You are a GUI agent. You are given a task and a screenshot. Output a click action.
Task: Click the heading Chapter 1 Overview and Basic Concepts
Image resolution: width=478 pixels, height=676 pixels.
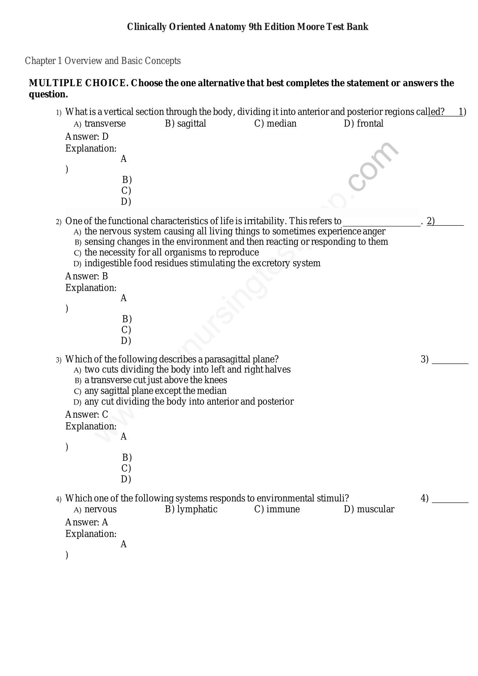103,61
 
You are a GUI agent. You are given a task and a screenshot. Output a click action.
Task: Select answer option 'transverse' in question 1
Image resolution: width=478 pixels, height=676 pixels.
105,124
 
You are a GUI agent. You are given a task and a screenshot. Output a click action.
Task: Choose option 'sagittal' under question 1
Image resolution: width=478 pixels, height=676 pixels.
191,124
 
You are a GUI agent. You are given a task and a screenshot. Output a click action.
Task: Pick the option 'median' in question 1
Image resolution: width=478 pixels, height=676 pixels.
281,124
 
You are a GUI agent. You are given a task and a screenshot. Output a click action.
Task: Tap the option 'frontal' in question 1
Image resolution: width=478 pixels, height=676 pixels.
370,124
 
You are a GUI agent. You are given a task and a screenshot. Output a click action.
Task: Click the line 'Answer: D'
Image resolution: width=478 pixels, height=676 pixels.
87,137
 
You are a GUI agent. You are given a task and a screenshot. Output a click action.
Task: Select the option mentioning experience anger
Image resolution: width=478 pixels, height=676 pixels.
235,231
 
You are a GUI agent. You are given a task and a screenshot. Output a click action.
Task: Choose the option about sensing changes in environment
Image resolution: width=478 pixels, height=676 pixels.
236,242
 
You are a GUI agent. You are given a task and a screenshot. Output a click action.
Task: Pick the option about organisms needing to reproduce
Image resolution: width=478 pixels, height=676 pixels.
171,253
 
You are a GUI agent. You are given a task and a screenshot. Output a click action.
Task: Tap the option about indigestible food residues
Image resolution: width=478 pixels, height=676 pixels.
202,263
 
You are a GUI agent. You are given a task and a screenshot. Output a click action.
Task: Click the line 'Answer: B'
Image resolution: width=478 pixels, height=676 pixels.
87,276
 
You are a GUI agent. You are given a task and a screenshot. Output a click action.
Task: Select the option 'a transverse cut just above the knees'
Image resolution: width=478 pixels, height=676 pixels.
156,380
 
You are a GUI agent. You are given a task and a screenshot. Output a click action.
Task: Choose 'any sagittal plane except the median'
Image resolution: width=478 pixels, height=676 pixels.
155,391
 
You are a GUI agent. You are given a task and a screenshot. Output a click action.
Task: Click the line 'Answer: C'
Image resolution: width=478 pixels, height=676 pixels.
87,414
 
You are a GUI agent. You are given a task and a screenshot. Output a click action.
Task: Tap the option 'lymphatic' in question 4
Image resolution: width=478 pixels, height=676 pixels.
197,509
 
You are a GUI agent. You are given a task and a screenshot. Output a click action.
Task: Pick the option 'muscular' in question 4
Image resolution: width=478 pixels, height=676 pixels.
375,509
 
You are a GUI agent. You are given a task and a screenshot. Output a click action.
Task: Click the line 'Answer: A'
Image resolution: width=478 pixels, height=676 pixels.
87,522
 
